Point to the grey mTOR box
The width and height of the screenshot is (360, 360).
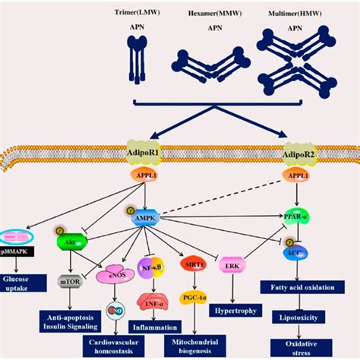70,279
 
